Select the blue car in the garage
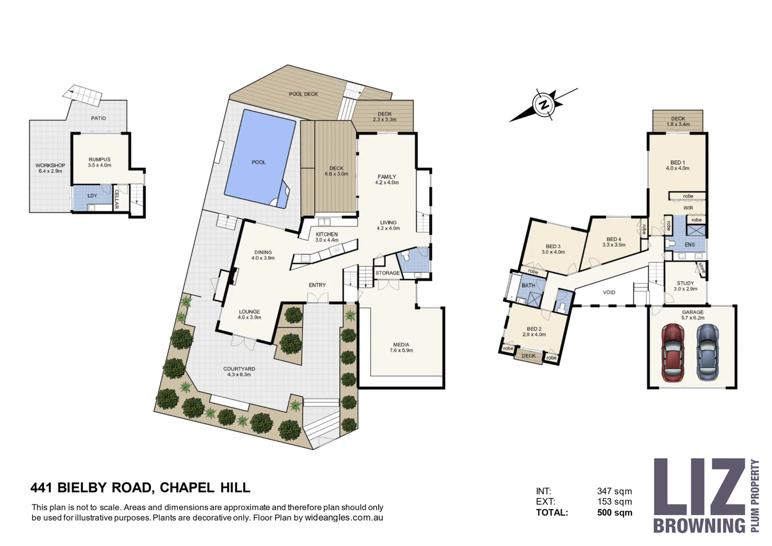click(x=708, y=353)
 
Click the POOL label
click(x=258, y=162)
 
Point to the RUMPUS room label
click(x=100, y=160)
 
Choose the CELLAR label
click(x=116, y=199)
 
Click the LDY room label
click(x=93, y=196)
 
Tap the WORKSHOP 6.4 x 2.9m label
click(x=51, y=168)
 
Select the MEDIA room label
click(x=401, y=345)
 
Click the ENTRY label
click(x=317, y=285)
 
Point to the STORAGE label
click(x=388, y=273)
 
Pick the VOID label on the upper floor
click(x=609, y=292)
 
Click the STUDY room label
click(x=685, y=283)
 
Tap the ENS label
click(x=690, y=245)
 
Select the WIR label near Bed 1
click(x=688, y=208)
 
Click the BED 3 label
click(x=553, y=247)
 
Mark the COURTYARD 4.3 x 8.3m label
click(x=239, y=372)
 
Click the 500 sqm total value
click(x=615, y=513)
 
